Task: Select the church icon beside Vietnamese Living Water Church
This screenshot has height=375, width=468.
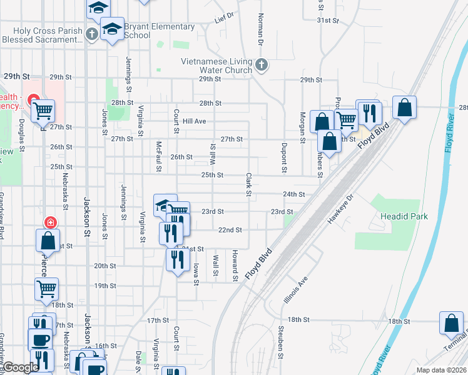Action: pyautogui.click(x=262, y=63)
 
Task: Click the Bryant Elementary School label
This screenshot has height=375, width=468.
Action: pyautogui.click(x=160, y=31)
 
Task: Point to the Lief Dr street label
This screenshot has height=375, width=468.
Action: pyautogui.click(x=223, y=16)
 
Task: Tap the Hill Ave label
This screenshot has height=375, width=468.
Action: pyautogui.click(x=195, y=121)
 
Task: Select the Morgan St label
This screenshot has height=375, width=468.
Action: pyautogui.click(x=302, y=127)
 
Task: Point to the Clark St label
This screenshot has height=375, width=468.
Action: pyautogui.click(x=248, y=186)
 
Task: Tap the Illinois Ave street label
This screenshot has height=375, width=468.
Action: pyautogui.click(x=296, y=290)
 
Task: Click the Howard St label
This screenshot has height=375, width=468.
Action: pyautogui.click(x=235, y=265)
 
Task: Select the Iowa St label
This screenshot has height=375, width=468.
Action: pyautogui.click(x=196, y=273)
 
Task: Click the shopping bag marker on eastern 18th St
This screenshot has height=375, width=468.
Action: pyautogui.click(x=451, y=323)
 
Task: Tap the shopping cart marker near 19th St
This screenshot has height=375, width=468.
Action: pyautogui.click(x=47, y=289)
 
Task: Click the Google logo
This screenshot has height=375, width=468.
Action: pyautogui.click(x=20, y=368)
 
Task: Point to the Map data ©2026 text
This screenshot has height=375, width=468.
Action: pyautogui.click(x=440, y=370)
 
